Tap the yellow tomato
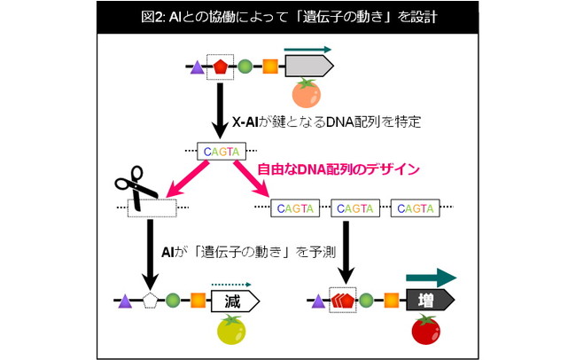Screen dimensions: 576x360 [231, 330]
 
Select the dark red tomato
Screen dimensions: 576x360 [425, 330]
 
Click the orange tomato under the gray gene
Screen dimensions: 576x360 [307, 93]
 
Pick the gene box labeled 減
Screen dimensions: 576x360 [235, 301]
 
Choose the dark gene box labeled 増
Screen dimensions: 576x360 [430, 300]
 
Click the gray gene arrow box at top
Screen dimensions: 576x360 [309, 67]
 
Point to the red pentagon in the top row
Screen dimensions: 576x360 [221, 67]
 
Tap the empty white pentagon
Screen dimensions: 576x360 [150, 301]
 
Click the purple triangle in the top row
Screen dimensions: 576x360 [198, 67]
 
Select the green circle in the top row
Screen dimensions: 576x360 [245, 67]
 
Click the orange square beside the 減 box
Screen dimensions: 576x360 [198, 301]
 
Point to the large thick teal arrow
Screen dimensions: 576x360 [431, 278]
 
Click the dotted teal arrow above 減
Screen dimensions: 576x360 [231, 285]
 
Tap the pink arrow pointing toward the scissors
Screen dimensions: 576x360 [188, 179]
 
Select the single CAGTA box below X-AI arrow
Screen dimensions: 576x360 [222, 151]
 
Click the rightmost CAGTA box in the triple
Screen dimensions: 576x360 [415, 208]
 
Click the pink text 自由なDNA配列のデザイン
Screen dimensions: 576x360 [339, 169]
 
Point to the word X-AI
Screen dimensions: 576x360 [245, 121]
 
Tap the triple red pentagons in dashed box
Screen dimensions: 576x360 [343, 300]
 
